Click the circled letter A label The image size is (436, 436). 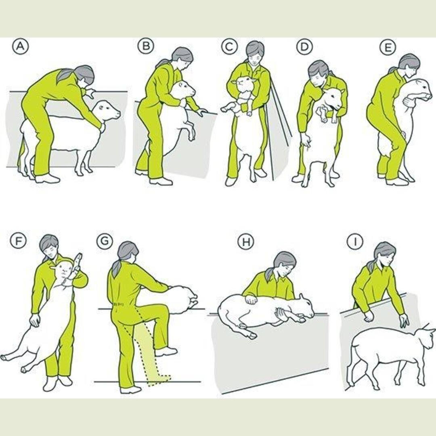[20, 46]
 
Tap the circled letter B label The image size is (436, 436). [146, 46]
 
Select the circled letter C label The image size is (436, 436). [229, 46]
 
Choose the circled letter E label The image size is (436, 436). [388, 48]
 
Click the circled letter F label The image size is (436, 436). [18, 241]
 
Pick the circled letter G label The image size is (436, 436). [105, 241]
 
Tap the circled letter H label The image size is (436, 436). [246, 242]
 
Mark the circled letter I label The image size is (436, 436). [355, 242]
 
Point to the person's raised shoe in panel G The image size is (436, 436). [166, 352]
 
